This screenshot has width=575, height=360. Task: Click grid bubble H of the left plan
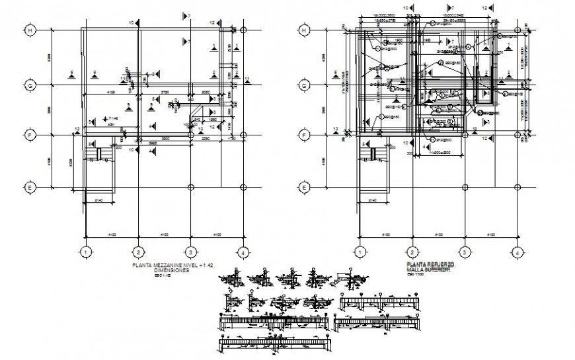click(x=30, y=30)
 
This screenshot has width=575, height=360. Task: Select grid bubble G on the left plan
click(x=30, y=85)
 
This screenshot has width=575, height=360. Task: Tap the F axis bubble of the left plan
click(x=30, y=135)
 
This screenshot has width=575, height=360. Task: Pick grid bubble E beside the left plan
click(x=30, y=187)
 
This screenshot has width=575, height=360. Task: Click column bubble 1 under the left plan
click(x=85, y=252)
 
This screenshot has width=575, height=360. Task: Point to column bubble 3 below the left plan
click(x=190, y=252)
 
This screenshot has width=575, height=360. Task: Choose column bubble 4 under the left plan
click(x=243, y=252)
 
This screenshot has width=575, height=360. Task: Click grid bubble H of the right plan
click(x=305, y=30)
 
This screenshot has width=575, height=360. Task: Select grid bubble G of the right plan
click(x=305, y=85)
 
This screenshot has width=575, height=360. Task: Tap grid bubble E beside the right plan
click(x=305, y=187)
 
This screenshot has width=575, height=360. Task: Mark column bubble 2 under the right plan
click(x=412, y=252)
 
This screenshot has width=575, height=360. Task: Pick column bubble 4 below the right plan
click(x=517, y=252)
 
